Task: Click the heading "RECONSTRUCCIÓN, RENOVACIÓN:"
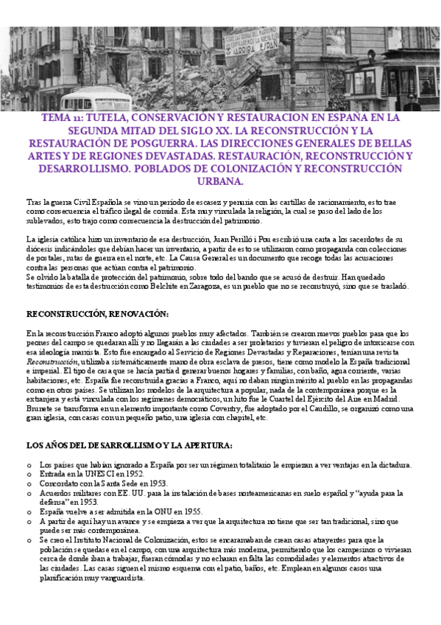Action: coord(97,313)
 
